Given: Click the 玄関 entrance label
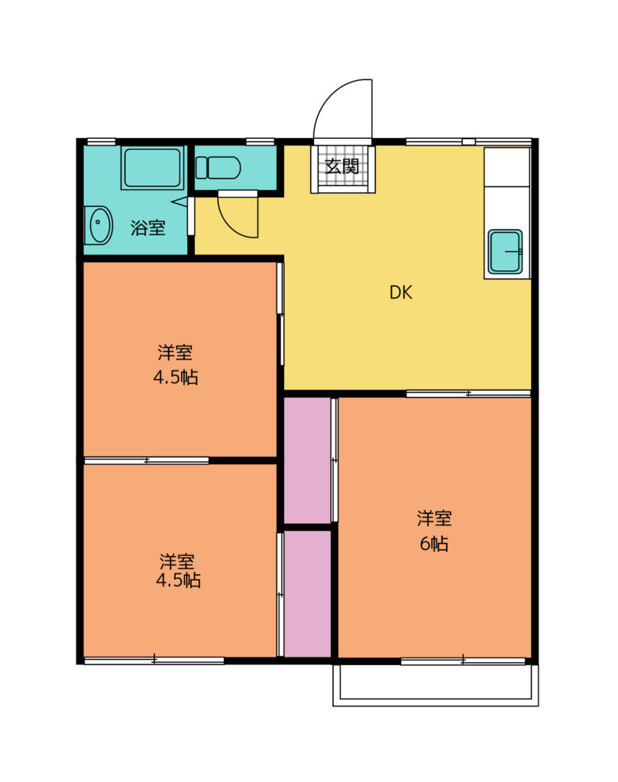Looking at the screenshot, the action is [342, 166].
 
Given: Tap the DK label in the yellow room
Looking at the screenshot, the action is [400, 292].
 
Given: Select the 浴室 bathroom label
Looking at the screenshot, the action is [148, 228].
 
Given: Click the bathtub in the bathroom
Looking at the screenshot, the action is [153, 167].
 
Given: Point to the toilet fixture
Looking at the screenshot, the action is [218, 167].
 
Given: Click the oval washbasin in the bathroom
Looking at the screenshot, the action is [100, 225].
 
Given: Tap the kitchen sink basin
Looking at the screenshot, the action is [505, 252].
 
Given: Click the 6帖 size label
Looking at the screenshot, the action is [434, 544].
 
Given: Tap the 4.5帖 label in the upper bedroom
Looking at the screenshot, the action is [176, 377].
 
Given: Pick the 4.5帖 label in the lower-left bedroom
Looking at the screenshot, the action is [178, 580].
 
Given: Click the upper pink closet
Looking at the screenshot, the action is [307, 460].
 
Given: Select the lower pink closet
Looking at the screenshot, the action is [307, 594].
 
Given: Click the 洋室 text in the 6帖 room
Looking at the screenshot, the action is [435, 519].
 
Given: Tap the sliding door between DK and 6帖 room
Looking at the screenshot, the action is [468, 394].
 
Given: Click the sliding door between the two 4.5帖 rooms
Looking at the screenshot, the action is [146, 460].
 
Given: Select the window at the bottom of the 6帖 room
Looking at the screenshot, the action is [463, 661].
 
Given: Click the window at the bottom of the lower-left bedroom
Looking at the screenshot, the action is [154, 661].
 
